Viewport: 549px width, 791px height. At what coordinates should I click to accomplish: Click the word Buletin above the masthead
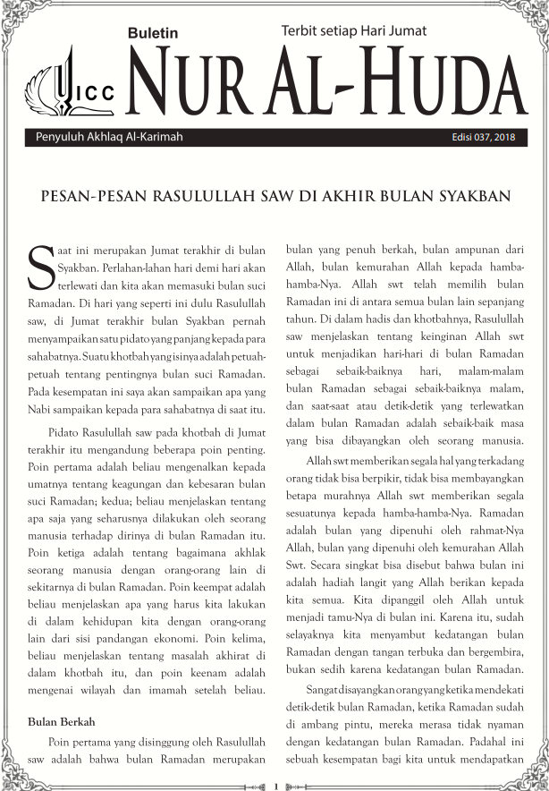pos(153,33)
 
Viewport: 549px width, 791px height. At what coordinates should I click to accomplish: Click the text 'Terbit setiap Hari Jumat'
pos(353,30)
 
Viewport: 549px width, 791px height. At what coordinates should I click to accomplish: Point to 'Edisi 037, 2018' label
pos(484,138)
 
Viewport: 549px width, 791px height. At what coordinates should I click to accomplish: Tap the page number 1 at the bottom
pos(275,786)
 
